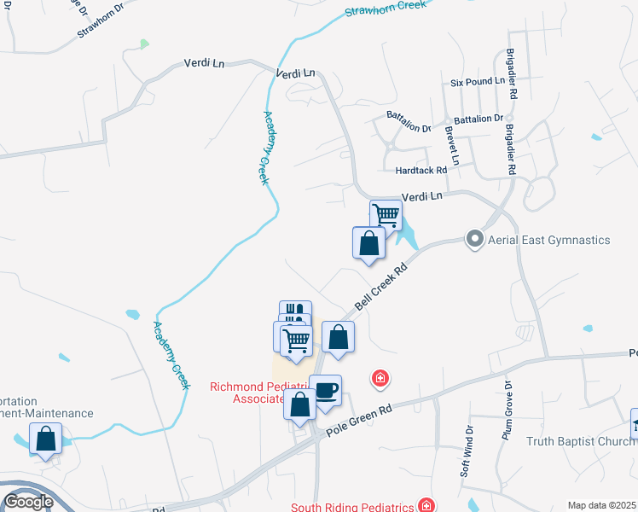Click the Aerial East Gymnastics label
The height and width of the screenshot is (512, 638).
pyautogui.click(x=548, y=240)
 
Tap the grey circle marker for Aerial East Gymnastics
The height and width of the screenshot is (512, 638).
pyautogui.click(x=474, y=240)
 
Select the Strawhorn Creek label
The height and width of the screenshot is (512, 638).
pyautogui.click(x=386, y=9)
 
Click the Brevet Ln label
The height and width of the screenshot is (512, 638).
pyautogui.click(x=451, y=146)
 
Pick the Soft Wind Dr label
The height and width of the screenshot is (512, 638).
pyautogui.click(x=466, y=451)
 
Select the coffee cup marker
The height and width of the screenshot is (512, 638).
pyautogui.click(x=325, y=391)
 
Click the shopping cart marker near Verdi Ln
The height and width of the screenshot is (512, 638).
pyautogui.click(x=386, y=214)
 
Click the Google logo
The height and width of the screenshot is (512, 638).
pyautogui.click(x=28, y=502)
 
